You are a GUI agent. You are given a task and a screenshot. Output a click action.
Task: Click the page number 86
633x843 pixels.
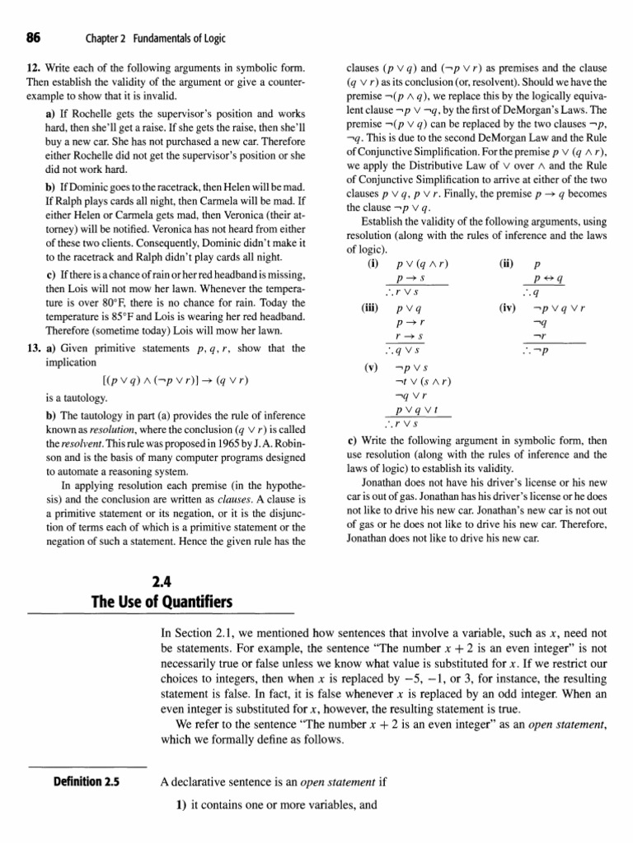click(35, 38)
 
